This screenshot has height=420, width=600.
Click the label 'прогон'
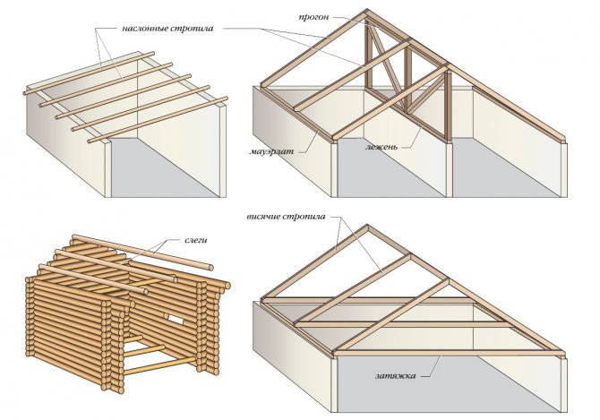click(313, 17)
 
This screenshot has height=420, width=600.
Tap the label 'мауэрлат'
click(271, 151)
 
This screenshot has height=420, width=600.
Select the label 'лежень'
click(381, 147)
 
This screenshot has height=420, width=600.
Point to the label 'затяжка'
click(395, 375)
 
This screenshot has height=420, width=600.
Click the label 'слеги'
click(196, 240)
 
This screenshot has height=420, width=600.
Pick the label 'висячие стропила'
click(286, 217)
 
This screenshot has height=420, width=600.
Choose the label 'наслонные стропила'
click(167, 29)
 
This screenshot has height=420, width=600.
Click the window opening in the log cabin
click(174, 318)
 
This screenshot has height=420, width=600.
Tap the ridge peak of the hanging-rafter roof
click(367, 227)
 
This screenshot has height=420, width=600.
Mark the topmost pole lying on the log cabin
click(142, 252)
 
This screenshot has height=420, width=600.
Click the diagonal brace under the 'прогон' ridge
click(385, 68)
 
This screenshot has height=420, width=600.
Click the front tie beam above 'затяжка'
click(449, 354)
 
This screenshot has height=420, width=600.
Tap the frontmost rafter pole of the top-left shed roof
click(158, 120)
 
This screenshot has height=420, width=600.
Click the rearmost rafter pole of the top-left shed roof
click(89, 73)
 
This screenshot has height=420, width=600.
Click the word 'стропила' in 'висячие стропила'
click(304, 217)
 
